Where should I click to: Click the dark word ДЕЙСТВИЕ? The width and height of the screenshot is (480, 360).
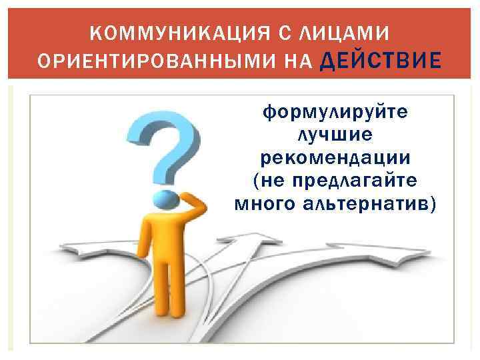click(381, 61)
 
